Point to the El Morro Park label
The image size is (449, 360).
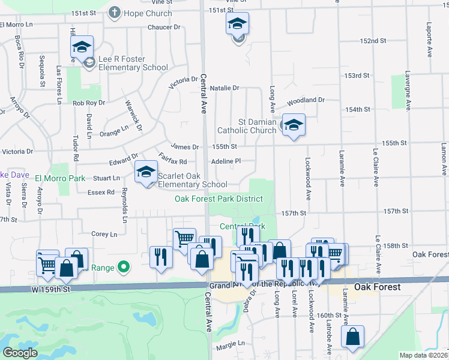click(x=59, y=178)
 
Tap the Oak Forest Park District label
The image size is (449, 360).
click(x=218, y=199)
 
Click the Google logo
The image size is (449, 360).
click(x=21, y=353)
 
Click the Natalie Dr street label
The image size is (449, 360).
click(x=224, y=88)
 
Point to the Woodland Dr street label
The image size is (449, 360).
click(x=306, y=100)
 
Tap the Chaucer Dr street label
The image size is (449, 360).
click(x=164, y=28)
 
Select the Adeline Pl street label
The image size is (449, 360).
click(x=226, y=161)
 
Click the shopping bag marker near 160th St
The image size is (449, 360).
click(x=352, y=337)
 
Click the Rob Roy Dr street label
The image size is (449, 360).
click(x=88, y=103)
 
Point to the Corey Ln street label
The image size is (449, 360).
click(x=104, y=234)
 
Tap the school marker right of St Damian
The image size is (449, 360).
click(x=294, y=125)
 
